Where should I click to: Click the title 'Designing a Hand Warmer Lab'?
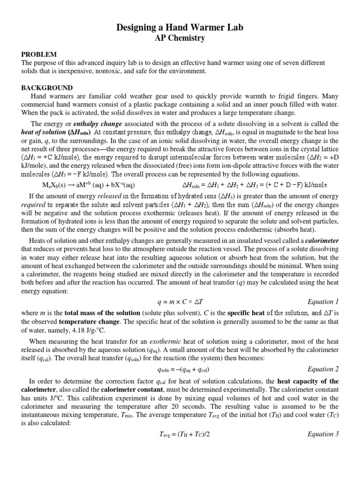click(x=180, y=29)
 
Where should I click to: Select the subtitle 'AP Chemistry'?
click(x=180, y=38)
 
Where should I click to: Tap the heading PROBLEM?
click(x=39, y=55)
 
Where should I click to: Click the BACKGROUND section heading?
click(x=47, y=88)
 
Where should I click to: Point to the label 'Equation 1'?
click(x=323, y=302)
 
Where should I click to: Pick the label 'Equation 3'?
click(x=323, y=434)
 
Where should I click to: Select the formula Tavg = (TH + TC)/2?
click(x=180, y=434)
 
